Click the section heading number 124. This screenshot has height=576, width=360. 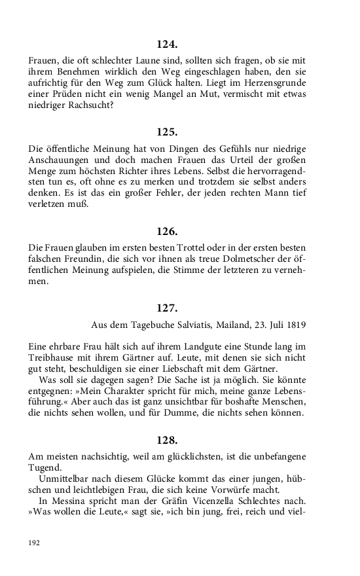pos(167,45)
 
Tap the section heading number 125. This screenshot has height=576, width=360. pos(167,132)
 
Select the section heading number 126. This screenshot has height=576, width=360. pos(167,231)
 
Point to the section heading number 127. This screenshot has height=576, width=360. pos(167,308)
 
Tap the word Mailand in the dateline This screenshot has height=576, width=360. pos(234,325)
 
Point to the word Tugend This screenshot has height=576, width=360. pos(45,467)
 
